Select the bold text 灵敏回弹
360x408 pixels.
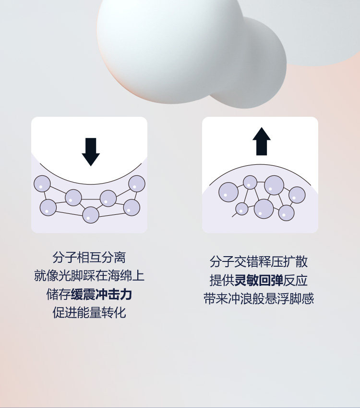(259, 280)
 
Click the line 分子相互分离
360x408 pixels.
(89, 257)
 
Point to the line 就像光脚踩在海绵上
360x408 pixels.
(89, 276)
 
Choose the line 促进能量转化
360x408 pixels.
(89, 313)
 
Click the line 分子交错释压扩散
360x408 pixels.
(259, 262)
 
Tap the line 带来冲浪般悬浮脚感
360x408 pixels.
(259, 298)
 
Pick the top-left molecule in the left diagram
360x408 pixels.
(42, 184)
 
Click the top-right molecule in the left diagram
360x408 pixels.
(137, 183)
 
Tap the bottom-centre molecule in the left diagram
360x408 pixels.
(90, 215)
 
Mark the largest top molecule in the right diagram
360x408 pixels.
(274, 185)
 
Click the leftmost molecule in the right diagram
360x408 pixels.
(228, 192)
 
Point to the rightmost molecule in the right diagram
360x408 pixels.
(297, 195)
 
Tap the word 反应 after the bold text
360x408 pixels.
(296, 280)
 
